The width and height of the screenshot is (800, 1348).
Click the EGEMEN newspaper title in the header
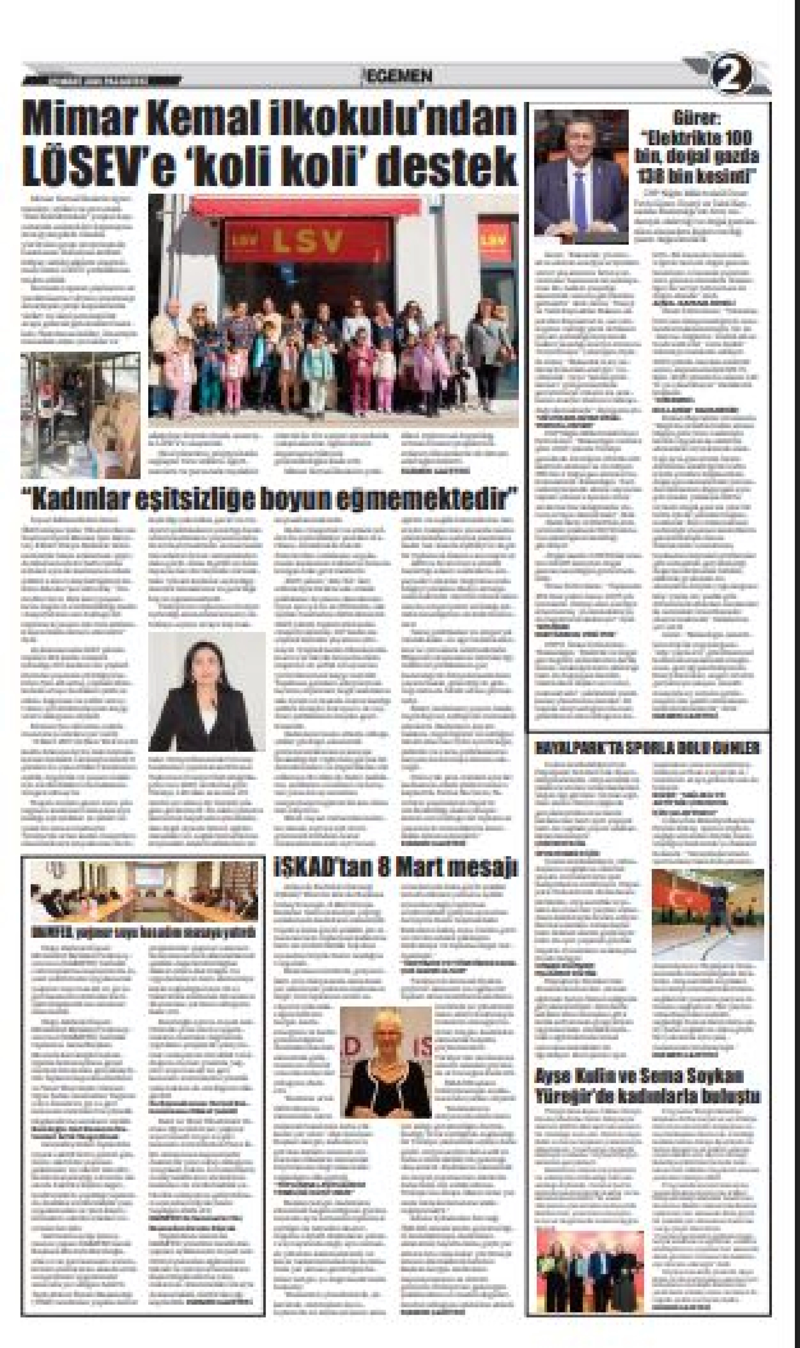click(x=399, y=77)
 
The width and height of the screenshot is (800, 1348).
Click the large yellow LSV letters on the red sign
click(x=307, y=243)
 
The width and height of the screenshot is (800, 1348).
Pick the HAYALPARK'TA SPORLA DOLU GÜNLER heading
click(x=647, y=748)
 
